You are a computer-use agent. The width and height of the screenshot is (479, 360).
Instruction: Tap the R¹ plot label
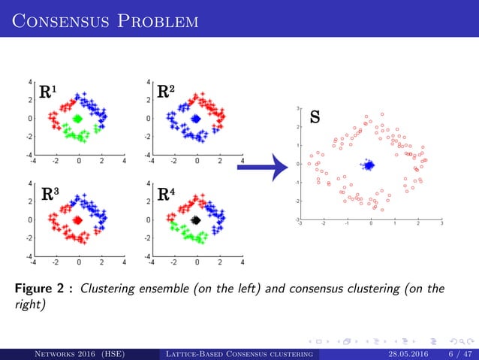[x=47, y=93]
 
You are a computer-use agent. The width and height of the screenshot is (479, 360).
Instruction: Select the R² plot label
[x=166, y=93]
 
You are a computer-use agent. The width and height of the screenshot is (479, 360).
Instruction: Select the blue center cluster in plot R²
[x=196, y=118]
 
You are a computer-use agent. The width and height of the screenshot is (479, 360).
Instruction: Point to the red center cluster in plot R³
[x=77, y=220]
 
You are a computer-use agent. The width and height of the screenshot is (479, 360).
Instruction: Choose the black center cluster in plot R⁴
[x=196, y=220]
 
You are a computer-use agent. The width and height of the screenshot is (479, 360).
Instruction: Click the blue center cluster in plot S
[x=369, y=165]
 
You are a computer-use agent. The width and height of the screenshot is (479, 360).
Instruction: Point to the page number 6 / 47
[x=458, y=353]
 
